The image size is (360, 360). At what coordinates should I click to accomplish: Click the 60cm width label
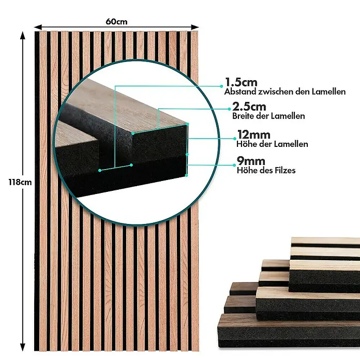tap(116, 22)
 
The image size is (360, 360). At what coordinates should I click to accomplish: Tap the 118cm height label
tap(20, 182)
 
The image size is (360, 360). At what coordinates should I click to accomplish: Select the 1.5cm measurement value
tap(241, 82)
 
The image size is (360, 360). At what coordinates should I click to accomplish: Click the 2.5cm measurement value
tap(249, 107)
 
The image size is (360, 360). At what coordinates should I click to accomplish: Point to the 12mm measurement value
tap(253, 135)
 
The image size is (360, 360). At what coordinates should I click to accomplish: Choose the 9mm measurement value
tap(251, 161)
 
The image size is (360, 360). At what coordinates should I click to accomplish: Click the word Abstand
tap(240, 92)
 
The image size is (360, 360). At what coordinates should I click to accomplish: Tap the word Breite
tap(243, 116)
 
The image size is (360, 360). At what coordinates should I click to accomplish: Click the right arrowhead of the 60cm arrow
tap(195, 27)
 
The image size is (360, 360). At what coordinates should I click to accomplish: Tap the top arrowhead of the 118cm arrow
tap(23, 36)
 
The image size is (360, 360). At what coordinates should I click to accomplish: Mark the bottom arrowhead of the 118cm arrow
tap(23, 347)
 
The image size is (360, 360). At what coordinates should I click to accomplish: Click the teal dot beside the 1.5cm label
tap(221, 86)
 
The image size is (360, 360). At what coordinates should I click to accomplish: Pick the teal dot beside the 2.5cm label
tap(229, 109)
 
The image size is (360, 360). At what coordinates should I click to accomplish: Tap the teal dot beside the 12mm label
tap(235, 139)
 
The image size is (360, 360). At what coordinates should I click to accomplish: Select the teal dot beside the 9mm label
tap(234, 165)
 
